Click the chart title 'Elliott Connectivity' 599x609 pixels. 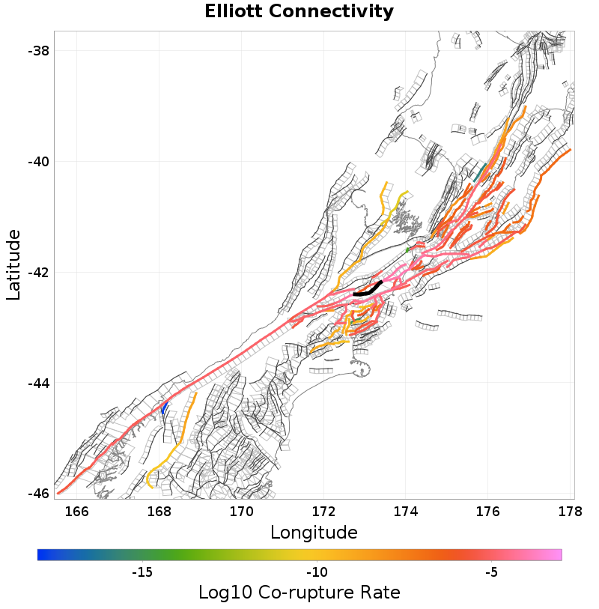299,12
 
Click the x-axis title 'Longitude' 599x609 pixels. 313,533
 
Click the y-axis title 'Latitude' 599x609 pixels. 13,265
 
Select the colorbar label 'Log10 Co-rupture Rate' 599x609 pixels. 299,593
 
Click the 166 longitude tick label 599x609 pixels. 77,512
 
